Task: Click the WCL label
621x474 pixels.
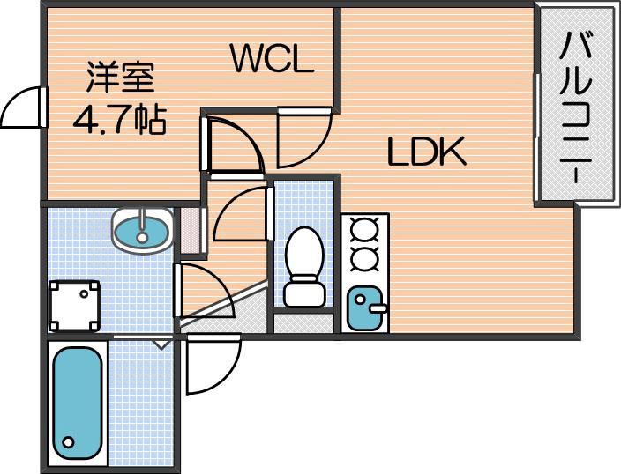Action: [272, 59]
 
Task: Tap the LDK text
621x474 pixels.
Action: [427, 153]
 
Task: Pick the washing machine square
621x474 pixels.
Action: [75, 304]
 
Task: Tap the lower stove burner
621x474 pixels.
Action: [363, 259]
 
